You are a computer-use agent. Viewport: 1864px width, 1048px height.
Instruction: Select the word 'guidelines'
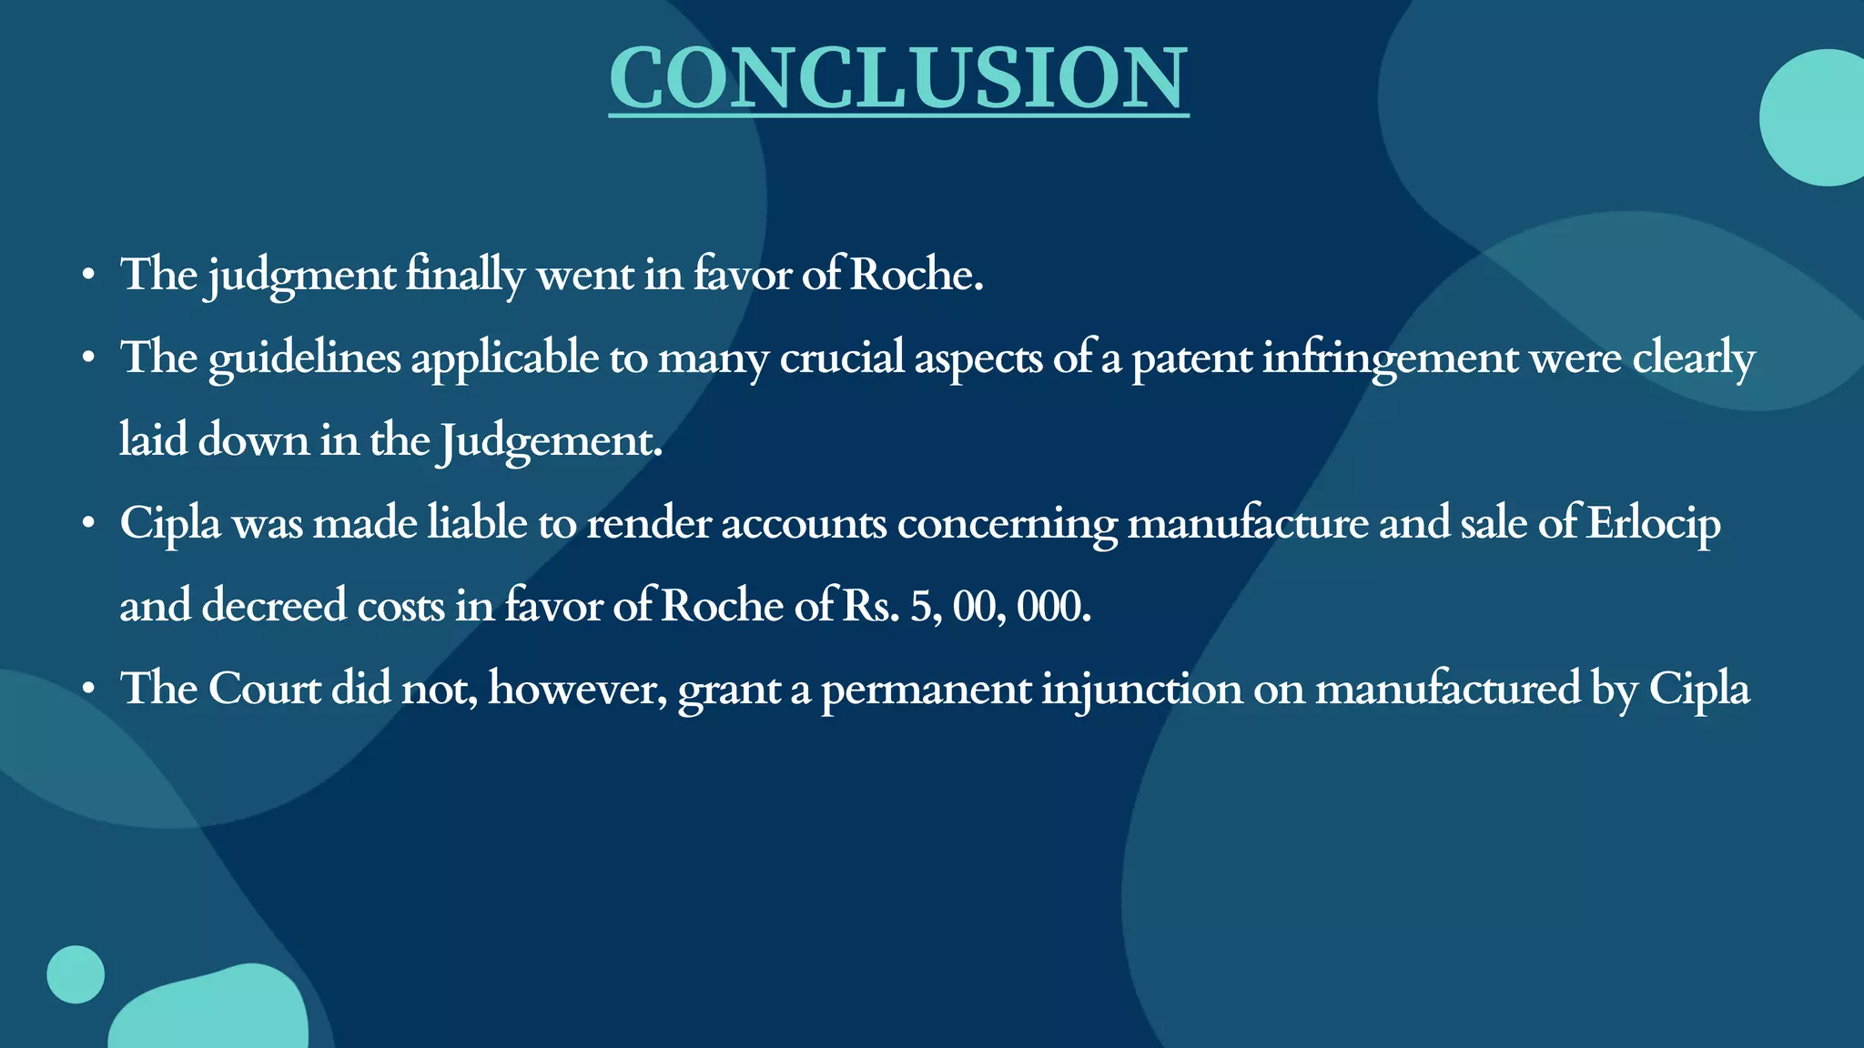click(x=304, y=358)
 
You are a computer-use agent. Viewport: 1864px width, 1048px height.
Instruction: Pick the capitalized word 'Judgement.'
click(x=549, y=441)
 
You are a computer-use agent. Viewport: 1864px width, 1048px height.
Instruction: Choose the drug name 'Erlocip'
click(x=1652, y=524)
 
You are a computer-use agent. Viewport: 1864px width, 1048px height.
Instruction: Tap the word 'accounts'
click(x=803, y=524)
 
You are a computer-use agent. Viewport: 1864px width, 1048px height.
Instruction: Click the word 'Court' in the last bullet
click(x=264, y=689)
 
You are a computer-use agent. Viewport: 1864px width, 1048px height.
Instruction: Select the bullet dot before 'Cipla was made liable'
click(x=87, y=524)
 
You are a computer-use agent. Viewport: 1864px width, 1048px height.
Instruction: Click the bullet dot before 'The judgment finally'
click(x=87, y=275)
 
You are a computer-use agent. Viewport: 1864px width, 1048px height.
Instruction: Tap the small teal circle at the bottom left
click(x=76, y=974)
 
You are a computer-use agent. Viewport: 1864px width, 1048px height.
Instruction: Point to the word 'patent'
click(x=1191, y=358)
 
